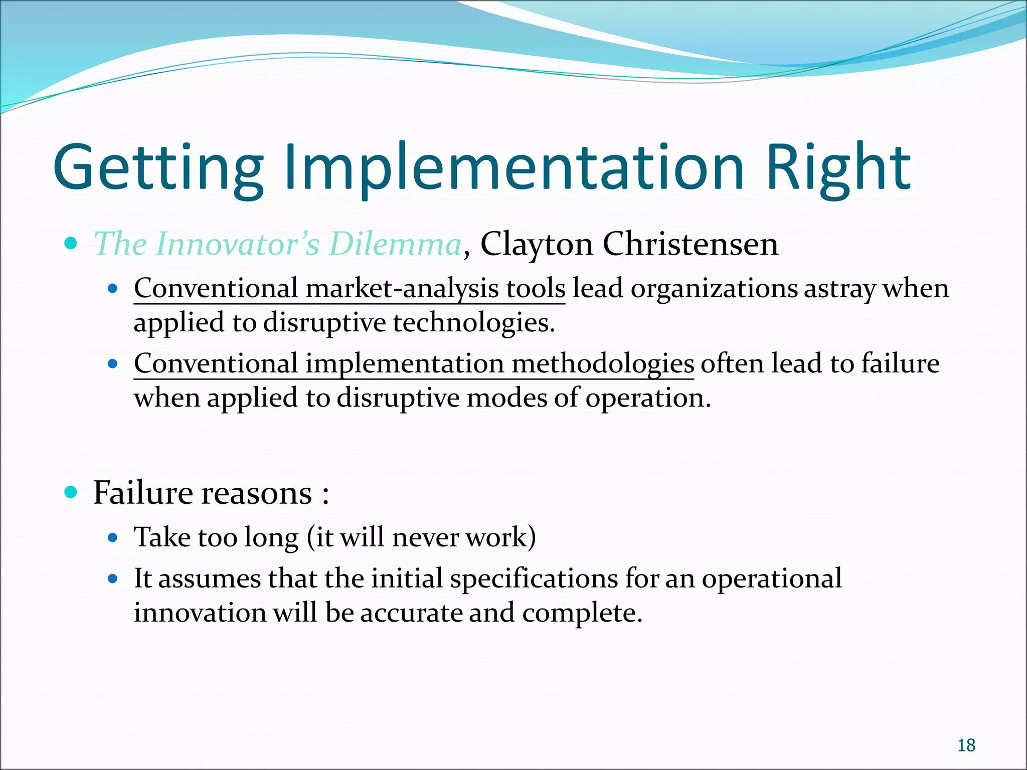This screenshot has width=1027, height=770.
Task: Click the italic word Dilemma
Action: click(395, 244)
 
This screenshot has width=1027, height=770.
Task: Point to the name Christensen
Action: click(690, 244)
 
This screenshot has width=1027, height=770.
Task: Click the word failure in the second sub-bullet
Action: click(900, 363)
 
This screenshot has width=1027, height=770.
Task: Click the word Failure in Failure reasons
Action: click(142, 493)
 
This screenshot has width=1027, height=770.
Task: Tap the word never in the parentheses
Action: click(425, 538)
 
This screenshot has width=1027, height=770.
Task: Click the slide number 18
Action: click(966, 745)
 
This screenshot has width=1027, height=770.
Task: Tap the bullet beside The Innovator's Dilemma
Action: click(71, 244)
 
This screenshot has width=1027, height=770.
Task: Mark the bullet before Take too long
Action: click(113, 538)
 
